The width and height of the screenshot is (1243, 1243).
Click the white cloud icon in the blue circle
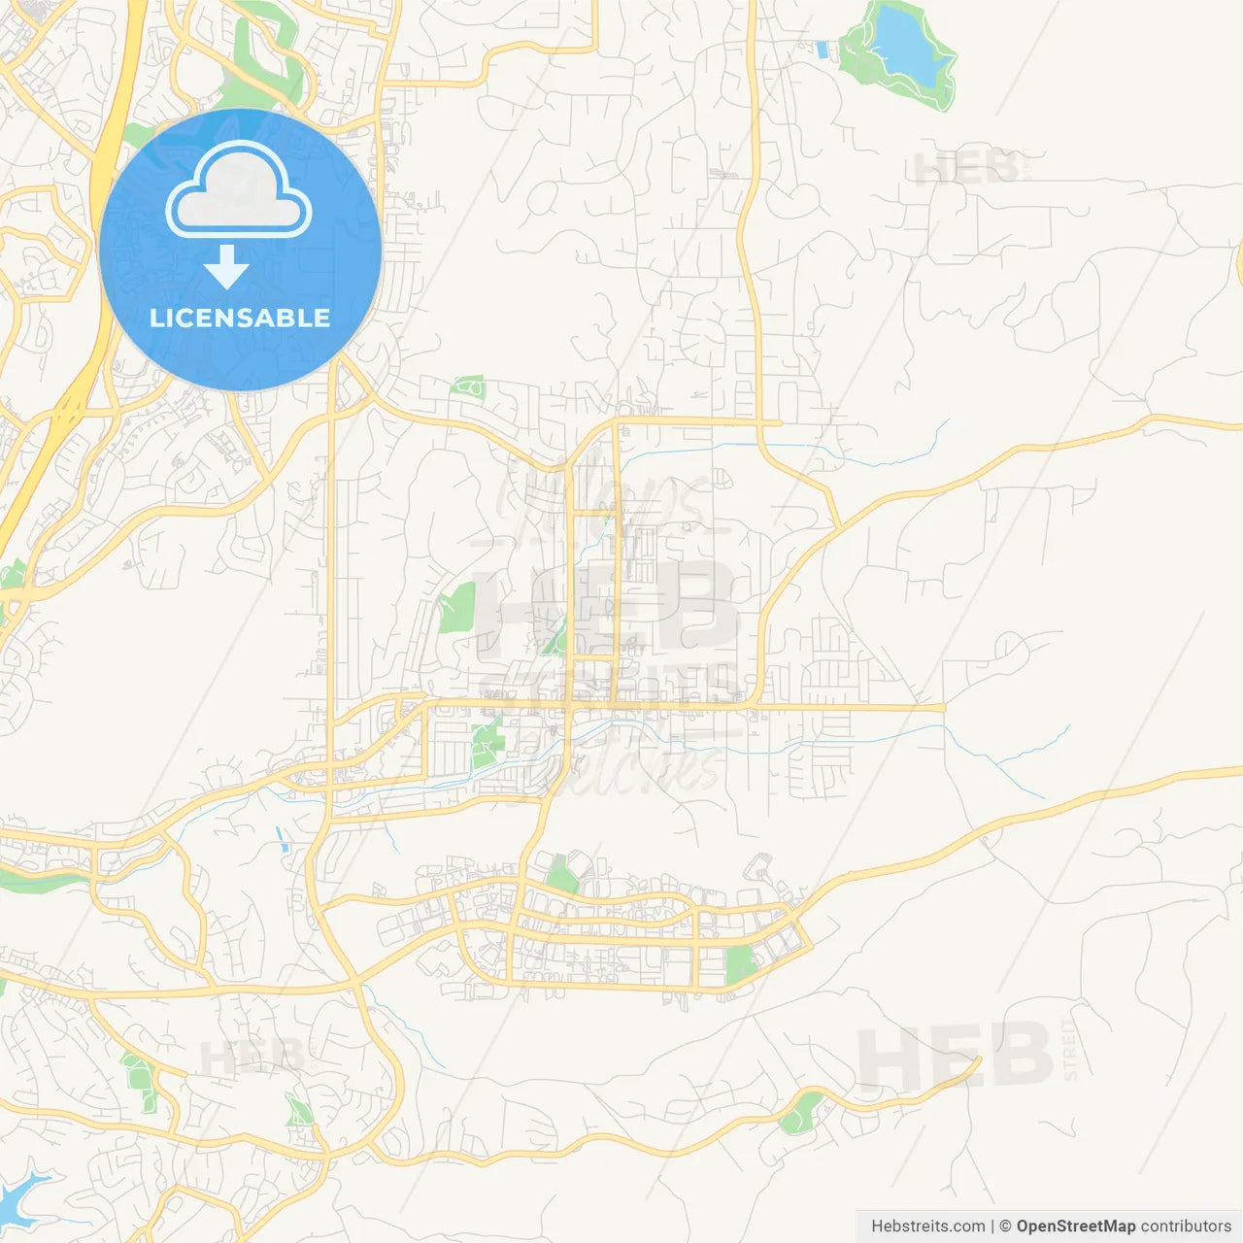(x=239, y=190)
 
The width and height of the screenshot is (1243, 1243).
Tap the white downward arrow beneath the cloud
(x=227, y=268)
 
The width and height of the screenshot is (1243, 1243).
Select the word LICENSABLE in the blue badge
(x=240, y=318)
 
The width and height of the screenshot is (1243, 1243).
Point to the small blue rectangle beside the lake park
(x=823, y=50)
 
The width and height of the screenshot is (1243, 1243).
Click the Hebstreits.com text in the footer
(x=927, y=1226)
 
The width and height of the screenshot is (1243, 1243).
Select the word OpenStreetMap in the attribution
(x=1075, y=1226)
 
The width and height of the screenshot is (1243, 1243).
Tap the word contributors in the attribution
(x=1185, y=1226)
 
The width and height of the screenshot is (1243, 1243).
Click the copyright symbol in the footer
(x=1006, y=1226)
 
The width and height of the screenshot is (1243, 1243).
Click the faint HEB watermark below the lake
(x=966, y=169)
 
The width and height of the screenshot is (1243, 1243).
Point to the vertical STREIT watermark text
(x=1070, y=1051)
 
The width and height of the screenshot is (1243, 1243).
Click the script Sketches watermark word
(x=621, y=767)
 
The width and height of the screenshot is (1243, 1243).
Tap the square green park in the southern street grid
(x=740, y=965)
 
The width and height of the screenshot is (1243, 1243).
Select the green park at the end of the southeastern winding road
(x=800, y=1112)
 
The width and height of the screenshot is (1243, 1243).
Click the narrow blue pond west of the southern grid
(x=282, y=840)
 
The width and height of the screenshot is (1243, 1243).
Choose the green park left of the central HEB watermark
(x=455, y=608)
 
